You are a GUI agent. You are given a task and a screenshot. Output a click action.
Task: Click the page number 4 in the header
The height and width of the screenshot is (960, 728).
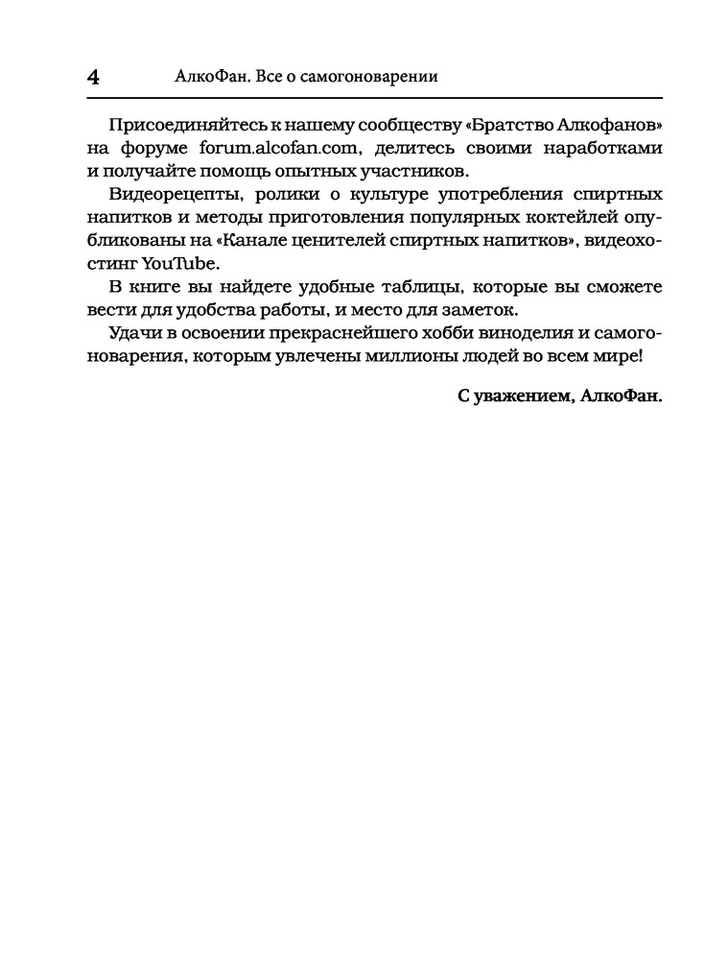[93, 78]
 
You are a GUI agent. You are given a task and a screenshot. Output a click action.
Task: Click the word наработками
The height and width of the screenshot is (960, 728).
[607, 150]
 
